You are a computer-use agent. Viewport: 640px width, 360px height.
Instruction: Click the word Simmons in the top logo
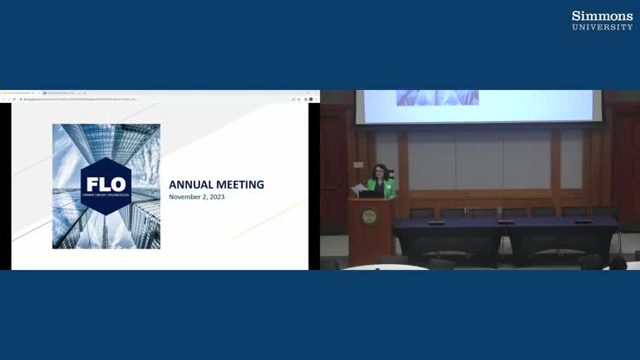pos(602,16)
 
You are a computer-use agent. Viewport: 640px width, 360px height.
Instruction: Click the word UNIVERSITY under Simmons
pos(602,27)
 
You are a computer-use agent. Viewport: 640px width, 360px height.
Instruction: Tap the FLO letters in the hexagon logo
pos(106,183)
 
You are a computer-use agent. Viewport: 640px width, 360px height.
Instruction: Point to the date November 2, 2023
pos(196,197)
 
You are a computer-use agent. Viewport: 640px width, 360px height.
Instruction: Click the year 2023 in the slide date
pos(215,197)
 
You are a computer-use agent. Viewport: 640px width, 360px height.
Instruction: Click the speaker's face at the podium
pos(381,170)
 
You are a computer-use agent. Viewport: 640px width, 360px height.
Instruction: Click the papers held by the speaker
pos(359,188)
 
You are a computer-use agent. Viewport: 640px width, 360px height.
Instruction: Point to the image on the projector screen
pos(437,98)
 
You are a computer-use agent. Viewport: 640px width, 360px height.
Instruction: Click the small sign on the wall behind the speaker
pos(358,164)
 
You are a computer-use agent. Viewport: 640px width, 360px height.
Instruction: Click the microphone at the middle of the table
pos(499,222)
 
